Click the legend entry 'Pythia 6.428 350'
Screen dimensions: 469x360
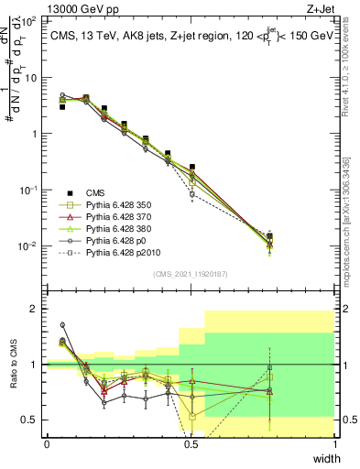point(117,205)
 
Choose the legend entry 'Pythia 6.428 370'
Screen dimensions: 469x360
point(117,219)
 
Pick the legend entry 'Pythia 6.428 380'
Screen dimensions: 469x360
point(117,233)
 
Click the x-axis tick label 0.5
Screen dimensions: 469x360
point(191,444)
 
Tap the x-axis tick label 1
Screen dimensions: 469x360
point(334,444)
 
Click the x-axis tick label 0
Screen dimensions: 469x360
point(47,444)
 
